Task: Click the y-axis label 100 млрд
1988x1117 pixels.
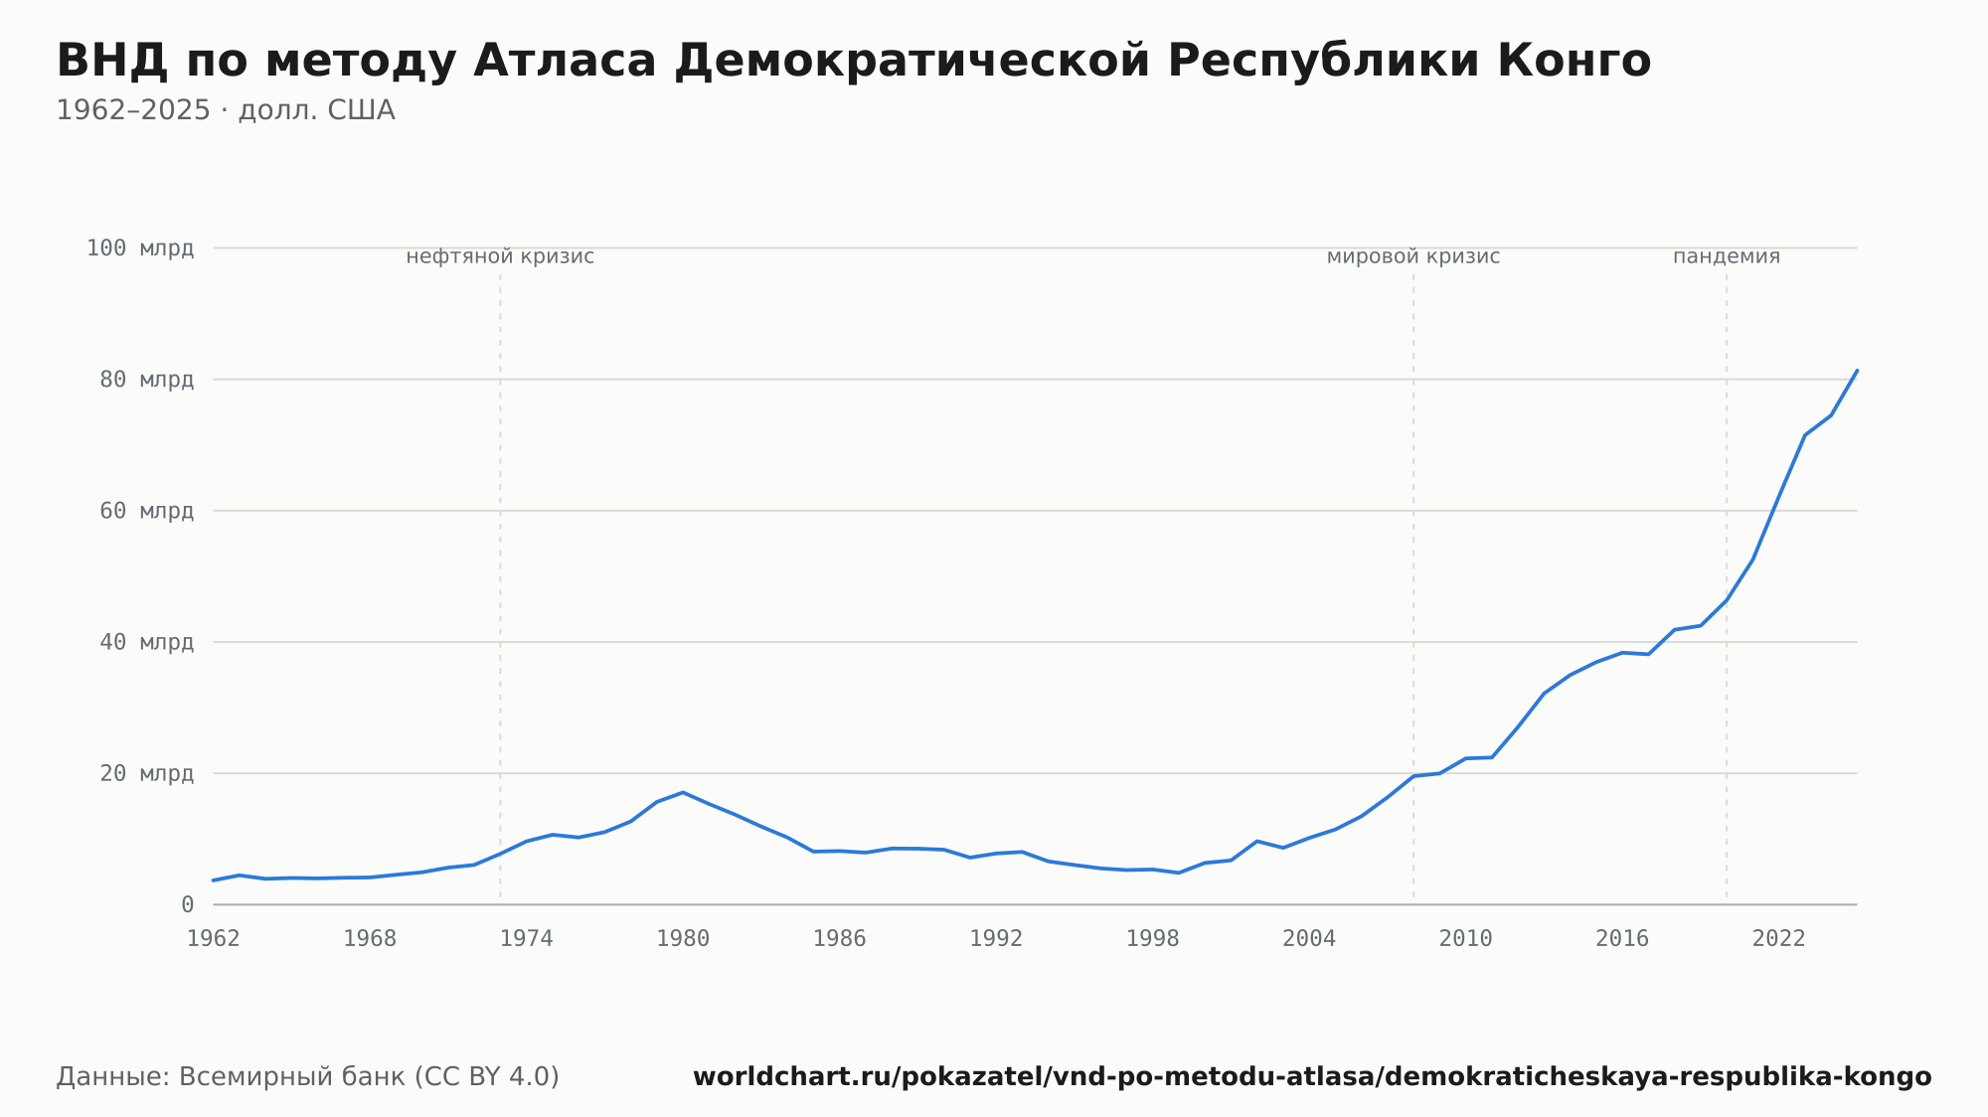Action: click(x=140, y=248)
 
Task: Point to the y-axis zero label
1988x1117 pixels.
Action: click(x=187, y=904)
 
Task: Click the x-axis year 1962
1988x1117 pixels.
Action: click(x=214, y=939)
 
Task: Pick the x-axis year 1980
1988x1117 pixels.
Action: click(x=683, y=939)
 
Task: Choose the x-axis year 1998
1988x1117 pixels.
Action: click(x=1153, y=939)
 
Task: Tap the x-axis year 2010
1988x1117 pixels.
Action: click(x=1466, y=939)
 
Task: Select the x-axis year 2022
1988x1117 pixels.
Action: click(x=1779, y=939)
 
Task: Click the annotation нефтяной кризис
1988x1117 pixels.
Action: click(x=500, y=256)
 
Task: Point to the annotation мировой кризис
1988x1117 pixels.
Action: click(x=1413, y=256)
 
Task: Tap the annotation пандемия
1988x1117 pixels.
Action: click(x=1727, y=256)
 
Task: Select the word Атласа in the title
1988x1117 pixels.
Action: click(x=565, y=61)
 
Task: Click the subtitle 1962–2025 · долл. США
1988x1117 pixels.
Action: click(x=226, y=110)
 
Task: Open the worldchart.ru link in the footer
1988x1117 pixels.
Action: click(x=1312, y=1077)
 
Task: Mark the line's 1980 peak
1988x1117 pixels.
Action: click(x=683, y=792)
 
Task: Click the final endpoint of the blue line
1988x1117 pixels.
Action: click(x=1857, y=371)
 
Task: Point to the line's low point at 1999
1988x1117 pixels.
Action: click(x=1179, y=873)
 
